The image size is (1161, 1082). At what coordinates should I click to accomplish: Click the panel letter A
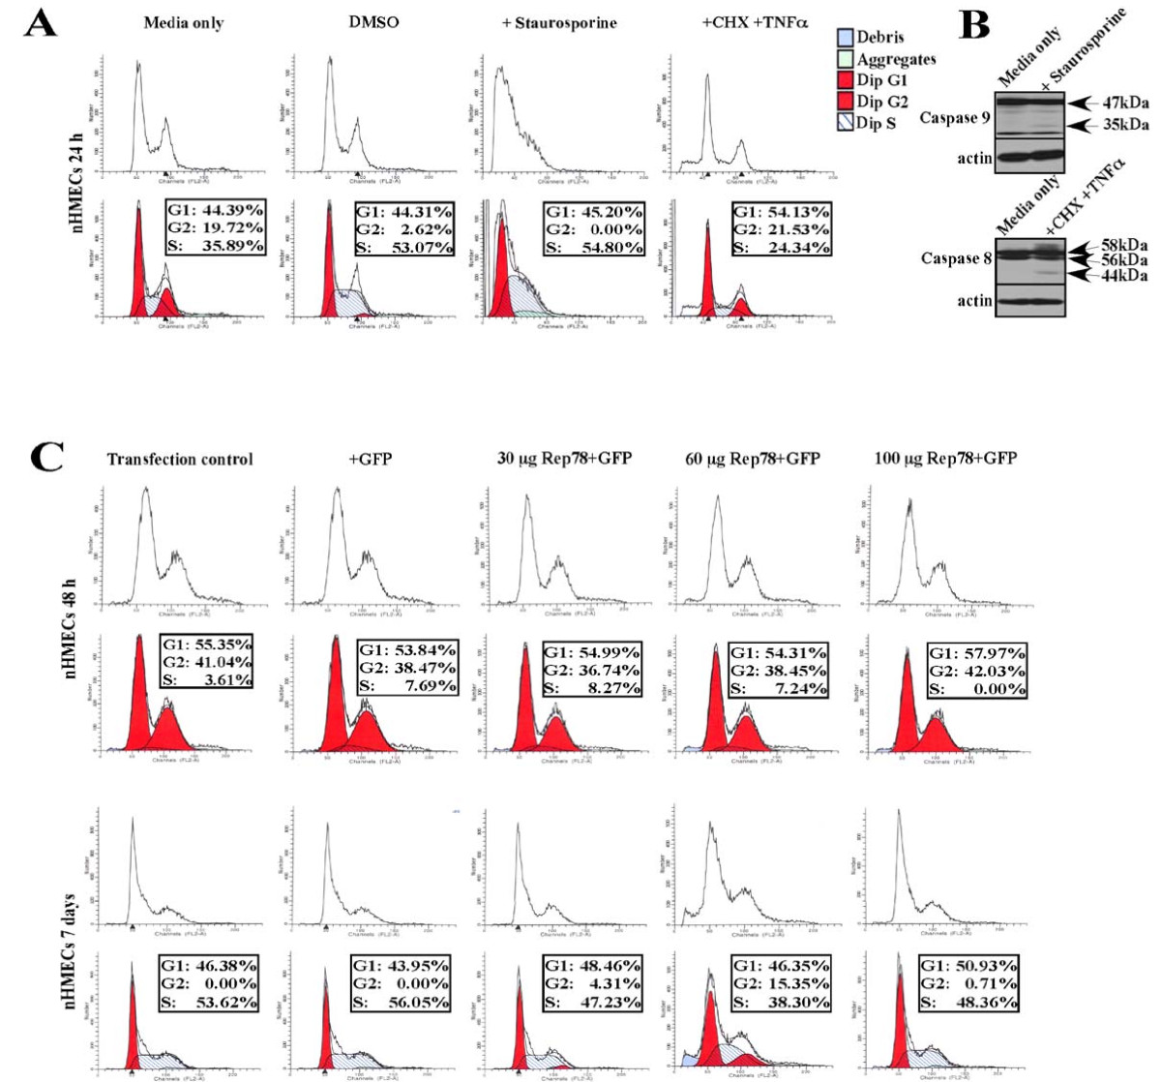(x=40, y=21)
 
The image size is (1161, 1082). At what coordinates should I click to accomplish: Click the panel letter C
(x=40, y=456)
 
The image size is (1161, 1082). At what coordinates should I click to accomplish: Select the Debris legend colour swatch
(x=845, y=38)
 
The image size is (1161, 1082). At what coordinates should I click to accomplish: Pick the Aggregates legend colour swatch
(x=845, y=59)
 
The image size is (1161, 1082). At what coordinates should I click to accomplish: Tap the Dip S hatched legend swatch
(x=845, y=123)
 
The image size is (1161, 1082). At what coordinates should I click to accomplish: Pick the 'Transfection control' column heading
(x=180, y=458)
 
